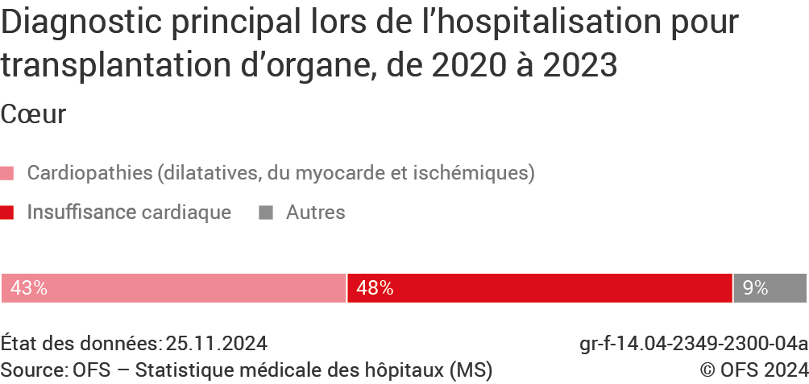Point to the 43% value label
pos(29,288)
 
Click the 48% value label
pos(375,288)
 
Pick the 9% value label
pos(755,288)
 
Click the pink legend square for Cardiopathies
pos(8,173)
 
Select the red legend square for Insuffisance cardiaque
pos(8,213)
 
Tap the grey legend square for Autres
pos(266,213)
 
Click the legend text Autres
pos(316,213)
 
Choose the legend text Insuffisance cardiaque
pos(129,213)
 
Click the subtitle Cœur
pos(33,114)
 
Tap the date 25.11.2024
pos(217,344)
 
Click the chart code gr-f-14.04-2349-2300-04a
pos(693,344)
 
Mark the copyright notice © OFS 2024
pos(753,370)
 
